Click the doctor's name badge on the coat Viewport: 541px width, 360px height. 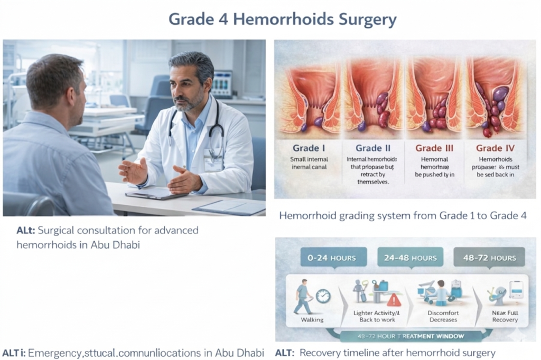(x=213, y=160)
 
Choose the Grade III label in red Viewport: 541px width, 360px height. (x=434, y=148)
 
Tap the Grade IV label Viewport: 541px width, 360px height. (x=496, y=148)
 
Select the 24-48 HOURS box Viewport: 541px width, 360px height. (x=410, y=258)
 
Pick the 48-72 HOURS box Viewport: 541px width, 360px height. (x=489, y=258)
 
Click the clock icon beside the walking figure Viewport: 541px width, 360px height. (x=323, y=296)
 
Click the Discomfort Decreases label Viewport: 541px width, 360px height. (x=442, y=316)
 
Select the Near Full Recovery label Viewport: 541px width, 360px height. (x=505, y=316)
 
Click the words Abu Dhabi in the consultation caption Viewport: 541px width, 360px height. (x=115, y=245)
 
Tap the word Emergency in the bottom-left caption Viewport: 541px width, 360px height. (x=52, y=352)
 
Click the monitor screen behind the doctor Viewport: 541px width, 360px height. (x=222, y=83)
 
